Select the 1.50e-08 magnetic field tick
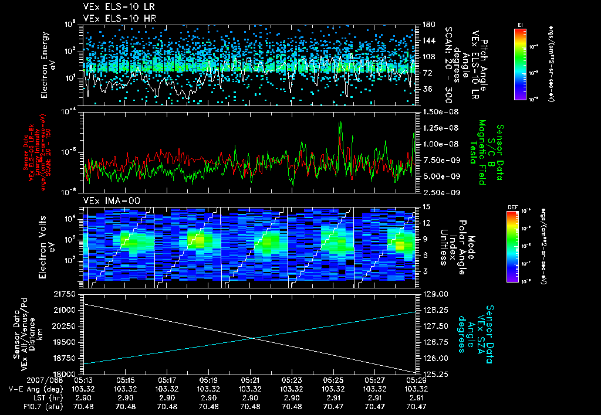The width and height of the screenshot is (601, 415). coord(437,111)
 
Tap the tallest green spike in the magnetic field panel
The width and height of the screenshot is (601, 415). coord(340,123)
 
